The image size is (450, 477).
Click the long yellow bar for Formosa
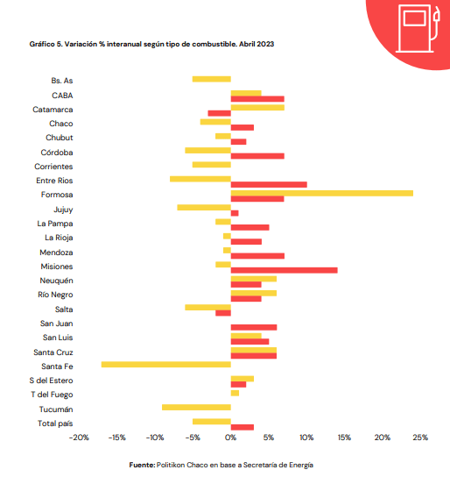tap(322, 193)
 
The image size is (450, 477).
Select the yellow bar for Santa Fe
tap(166, 365)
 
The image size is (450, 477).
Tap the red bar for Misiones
tap(285, 270)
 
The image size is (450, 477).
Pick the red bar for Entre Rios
tap(269, 184)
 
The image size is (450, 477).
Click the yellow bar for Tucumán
tap(196, 408)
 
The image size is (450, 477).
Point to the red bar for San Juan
tap(254, 327)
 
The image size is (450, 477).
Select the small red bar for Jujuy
tap(235, 213)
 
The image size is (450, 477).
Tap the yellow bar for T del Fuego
tap(235, 393)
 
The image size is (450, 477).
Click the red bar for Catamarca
tap(220, 113)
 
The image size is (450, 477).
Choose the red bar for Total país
tap(243, 427)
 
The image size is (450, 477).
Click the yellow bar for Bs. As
tap(212, 79)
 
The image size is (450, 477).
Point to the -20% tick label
tap(79, 438)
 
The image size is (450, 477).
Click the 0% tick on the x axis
tap(231, 438)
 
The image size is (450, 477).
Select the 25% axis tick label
tap(420, 438)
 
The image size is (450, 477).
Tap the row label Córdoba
tap(57, 152)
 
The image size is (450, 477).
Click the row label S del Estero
tap(51, 381)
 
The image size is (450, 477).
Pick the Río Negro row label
tap(55, 295)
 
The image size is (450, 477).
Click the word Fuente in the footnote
tap(142, 465)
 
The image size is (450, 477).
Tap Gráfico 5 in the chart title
tap(46, 44)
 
